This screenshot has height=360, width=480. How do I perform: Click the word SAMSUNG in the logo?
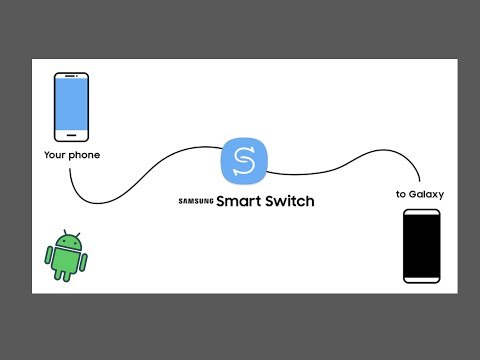click(x=197, y=202)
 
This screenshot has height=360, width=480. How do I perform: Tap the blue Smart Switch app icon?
click(x=243, y=161)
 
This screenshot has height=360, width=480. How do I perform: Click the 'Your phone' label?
click(x=71, y=155)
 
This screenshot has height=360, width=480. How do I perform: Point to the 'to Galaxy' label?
click(x=420, y=194)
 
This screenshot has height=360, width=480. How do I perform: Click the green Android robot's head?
click(x=67, y=242)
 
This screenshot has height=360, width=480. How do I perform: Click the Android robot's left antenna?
click(x=59, y=233)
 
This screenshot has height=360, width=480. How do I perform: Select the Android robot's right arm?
click(x=85, y=259)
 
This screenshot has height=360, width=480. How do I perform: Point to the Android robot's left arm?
click(x=49, y=259)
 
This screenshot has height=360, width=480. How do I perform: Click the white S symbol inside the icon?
click(x=243, y=161)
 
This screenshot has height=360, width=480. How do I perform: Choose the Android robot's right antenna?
click(x=76, y=233)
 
